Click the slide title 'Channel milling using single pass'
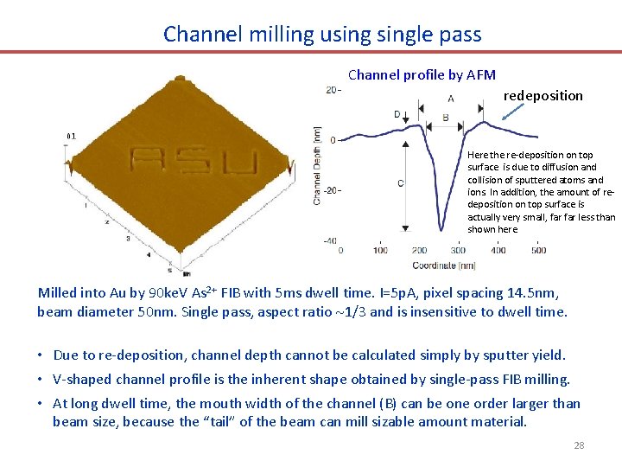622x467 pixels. point(322,35)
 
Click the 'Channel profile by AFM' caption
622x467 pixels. point(422,75)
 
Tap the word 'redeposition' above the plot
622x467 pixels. point(543,95)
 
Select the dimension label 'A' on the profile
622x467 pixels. point(451,99)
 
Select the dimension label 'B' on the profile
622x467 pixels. point(445,118)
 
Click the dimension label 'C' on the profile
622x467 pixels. point(399,183)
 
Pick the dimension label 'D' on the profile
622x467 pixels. point(397,114)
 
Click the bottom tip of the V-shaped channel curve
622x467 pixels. point(441,230)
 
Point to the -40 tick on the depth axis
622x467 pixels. point(329,240)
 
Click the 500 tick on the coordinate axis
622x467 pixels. point(537,251)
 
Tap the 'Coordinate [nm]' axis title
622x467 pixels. point(443,265)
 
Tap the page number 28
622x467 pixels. point(579,445)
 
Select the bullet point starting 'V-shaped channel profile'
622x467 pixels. point(311,379)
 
